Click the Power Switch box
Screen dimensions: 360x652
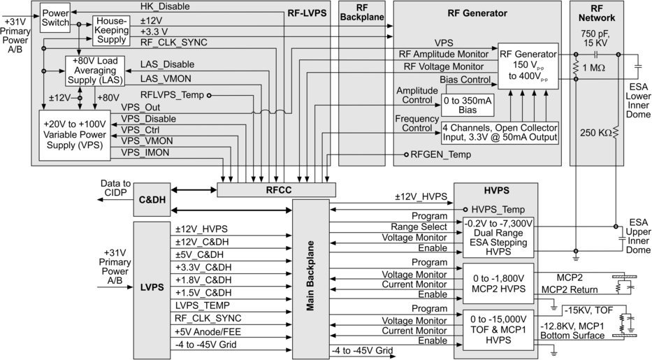click(55, 16)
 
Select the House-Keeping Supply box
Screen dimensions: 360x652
click(112, 31)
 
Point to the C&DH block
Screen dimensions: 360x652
click(152, 200)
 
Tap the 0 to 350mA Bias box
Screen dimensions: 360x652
click(467, 104)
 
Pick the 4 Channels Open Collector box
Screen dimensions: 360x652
click(500, 133)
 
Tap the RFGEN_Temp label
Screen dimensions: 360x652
click(440, 154)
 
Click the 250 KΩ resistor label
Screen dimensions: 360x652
click(594, 131)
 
